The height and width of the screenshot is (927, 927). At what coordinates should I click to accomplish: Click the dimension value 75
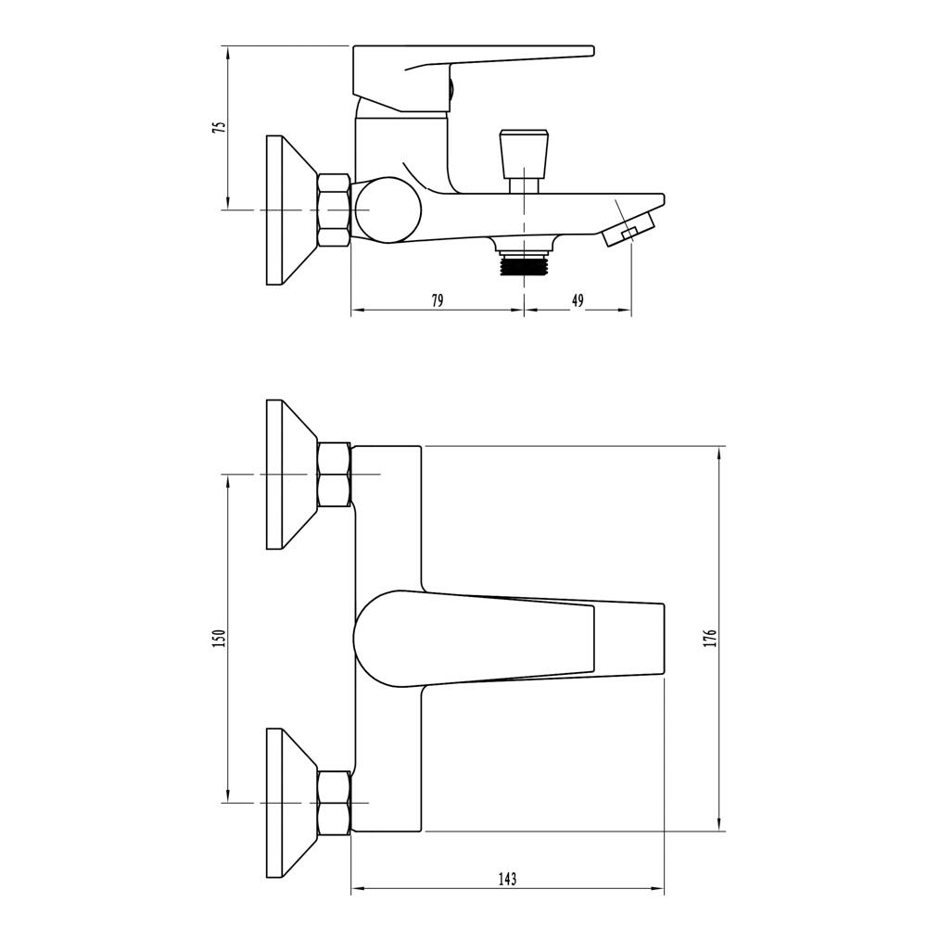point(220,128)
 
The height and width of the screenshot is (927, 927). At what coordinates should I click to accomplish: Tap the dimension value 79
point(437,300)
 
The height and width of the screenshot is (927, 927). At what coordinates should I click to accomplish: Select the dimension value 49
point(578,300)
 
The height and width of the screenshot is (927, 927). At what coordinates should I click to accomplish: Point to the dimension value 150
point(220,639)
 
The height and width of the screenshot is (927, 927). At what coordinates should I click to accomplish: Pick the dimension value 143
point(507,879)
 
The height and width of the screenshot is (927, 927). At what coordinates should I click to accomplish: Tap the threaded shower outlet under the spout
point(524,263)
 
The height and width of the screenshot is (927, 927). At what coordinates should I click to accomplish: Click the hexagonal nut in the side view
point(335,210)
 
